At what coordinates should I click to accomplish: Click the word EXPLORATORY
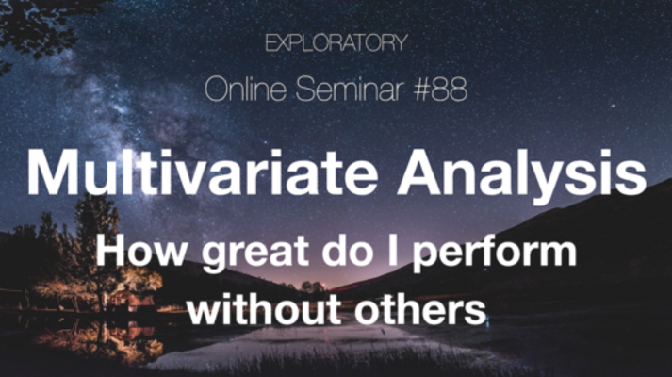[x=336, y=42]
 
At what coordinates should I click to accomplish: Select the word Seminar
[x=350, y=89]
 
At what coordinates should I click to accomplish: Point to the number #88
[x=440, y=90]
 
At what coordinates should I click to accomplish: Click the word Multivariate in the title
[x=203, y=172]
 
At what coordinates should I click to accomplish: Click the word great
[x=255, y=254]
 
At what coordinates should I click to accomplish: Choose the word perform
[x=494, y=254]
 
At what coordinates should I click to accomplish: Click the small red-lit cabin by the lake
[x=128, y=300]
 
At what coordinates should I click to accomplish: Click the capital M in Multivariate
[x=53, y=172]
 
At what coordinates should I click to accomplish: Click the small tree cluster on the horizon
[x=312, y=287]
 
